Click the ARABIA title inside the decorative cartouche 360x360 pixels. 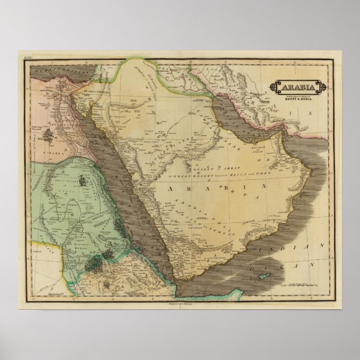click(x=297, y=88)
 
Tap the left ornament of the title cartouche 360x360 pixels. click(x=273, y=88)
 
